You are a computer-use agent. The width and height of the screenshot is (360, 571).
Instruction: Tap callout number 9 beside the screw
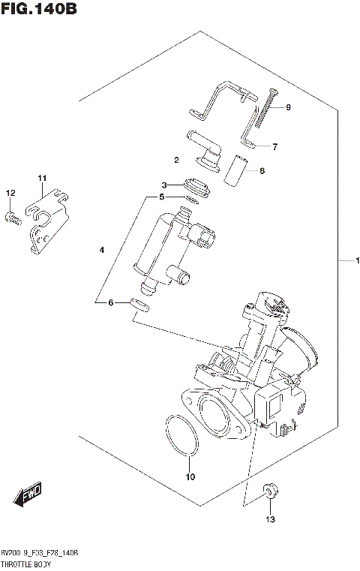pyautogui.click(x=287, y=107)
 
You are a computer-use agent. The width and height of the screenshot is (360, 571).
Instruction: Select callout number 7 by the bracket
pyautogui.click(x=275, y=146)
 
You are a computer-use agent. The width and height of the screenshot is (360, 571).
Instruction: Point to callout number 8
pyautogui.click(x=262, y=171)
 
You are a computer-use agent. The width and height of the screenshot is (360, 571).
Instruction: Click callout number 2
pyautogui.click(x=176, y=159)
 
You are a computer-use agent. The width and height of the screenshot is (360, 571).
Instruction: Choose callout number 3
pyautogui.click(x=164, y=185)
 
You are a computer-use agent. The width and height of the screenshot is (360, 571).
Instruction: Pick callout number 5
pyautogui.click(x=160, y=197)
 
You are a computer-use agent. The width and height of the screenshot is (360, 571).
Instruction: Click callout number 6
pyautogui.click(x=111, y=302)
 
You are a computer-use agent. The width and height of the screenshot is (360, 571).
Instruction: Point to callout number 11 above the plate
pyautogui.click(x=43, y=178)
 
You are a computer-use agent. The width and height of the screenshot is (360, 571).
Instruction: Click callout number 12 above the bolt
pyautogui.click(x=10, y=194)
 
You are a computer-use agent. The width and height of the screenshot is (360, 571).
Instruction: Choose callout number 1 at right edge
pyautogui.click(x=358, y=261)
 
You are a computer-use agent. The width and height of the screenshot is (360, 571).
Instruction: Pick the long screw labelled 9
pyautogui.click(x=266, y=109)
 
